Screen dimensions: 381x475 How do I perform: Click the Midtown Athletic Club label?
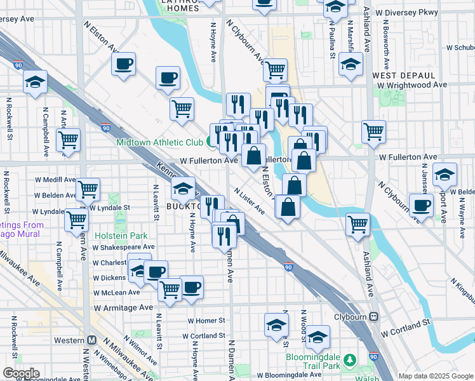pyautogui.click(x=159, y=142)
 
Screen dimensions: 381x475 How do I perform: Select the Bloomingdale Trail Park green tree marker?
pyautogui.click(x=349, y=361)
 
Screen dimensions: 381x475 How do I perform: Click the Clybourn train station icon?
pyautogui.click(x=374, y=316)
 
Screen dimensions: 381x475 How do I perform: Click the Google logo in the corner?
pyautogui.click(x=21, y=373)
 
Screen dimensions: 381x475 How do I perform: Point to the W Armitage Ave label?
pyautogui.click(x=123, y=307)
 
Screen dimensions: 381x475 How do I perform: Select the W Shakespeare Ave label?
pyautogui.click(x=124, y=247)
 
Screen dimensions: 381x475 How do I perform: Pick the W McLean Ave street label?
pyautogui.click(x=116, y=293)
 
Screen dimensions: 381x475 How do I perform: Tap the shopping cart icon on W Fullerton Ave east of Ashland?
pyautogui.click(x=374, y=132)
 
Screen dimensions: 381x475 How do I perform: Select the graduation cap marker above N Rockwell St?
pyautogui.click(x=36, y=82)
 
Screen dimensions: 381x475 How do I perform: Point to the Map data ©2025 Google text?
pyautogui.click(x=436, y=376)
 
